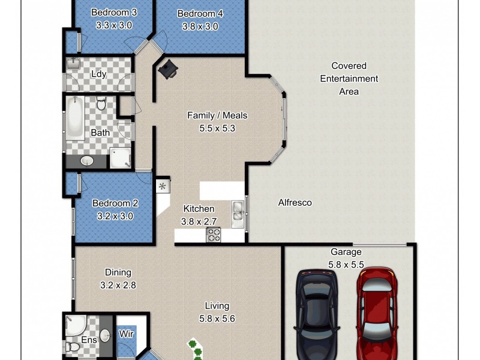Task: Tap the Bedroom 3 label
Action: pyautogui.click(x=114, y=12)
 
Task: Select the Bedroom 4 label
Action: pyautogui.click(x=200, y=13)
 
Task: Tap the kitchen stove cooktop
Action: pyautogui.click(x=214, y=235)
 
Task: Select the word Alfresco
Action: pyautogui.click(x=295, y=203)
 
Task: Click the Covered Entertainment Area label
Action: pyautogui.click(x=349, y=79)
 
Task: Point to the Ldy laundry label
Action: pyautogui.click(x=99, y=74)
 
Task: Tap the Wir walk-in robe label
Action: pyautogui.click(x=125, y=334)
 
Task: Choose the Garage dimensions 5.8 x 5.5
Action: pyautogui.click(x=345, y=264)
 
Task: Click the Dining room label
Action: pyautogui.click(x=117, y=272)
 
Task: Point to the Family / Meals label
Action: pyautogui.click(x=217, y=116)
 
